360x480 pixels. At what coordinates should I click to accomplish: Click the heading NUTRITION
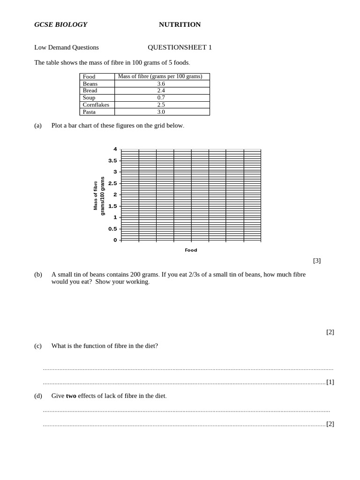[x=180, y=24]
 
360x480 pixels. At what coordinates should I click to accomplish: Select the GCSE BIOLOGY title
[x=60, y=24]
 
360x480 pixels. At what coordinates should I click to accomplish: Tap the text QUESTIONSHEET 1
[x=180, y=47]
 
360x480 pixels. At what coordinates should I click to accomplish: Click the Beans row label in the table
[x=90, y=84]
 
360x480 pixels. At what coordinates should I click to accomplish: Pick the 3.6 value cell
[x=161, y=84]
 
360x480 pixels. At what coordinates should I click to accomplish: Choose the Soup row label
[x=89, y=97]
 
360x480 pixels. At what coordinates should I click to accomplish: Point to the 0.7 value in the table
[x=161, y=97]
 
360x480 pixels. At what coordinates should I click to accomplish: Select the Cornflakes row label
[x=96, y=105]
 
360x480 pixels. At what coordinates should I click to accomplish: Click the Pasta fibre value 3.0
[x=161, y=112]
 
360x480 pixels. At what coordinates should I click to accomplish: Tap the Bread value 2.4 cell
[x=161, y=90]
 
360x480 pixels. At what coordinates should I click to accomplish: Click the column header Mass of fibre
[x=160, y=76]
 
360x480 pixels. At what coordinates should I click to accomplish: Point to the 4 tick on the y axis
[x=115, y=149]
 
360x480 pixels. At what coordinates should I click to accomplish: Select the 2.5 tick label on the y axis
[x=112, y=183]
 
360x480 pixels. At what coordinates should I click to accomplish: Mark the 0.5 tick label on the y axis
[x=112, y=229]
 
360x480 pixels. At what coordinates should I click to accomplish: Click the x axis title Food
[x=191, y=250]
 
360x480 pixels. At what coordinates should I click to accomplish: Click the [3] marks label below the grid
[x=317, y=261]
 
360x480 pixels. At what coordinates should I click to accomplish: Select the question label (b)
[x=38, y=274]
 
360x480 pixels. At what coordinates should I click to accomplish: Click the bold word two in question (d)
[x=71, y=396]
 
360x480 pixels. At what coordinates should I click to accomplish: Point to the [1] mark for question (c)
[x=330, y=382]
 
